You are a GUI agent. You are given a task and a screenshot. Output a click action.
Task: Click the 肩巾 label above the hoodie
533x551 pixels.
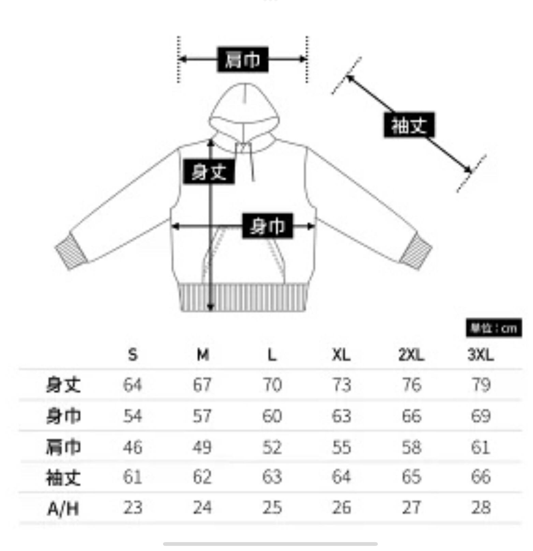(x=242, y=60)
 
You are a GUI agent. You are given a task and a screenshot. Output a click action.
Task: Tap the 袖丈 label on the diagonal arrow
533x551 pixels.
(x=409, y=125)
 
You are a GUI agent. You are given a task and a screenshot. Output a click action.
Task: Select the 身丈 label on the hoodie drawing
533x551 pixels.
(x=208, y=172)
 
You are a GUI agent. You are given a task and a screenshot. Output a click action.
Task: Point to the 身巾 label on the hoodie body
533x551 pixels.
(x=267, y=226)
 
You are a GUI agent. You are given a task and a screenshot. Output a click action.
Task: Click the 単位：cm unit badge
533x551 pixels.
(x=493, y=328)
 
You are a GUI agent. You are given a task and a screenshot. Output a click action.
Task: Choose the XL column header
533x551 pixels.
(x=341, y=355)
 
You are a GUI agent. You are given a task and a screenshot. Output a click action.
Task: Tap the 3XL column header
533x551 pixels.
(x=480, y=355)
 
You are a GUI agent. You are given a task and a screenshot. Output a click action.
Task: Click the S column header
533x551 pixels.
(x=133, y=355)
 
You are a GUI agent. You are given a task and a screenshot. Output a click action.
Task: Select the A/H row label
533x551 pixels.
(x=63, y=509)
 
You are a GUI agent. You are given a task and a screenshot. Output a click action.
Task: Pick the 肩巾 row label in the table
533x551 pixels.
(x=63, y=447)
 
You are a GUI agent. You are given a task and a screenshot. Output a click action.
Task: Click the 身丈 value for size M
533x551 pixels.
(x=202, y=385)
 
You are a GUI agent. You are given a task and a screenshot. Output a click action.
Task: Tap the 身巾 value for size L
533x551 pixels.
(x=272, y=416)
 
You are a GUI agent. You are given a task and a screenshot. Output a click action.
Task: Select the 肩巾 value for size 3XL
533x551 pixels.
(x=480, y=447)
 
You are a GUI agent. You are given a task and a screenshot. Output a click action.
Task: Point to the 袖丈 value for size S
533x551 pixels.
(x=133, y=477)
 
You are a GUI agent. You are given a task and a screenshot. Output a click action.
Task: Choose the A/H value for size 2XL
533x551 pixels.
(x=411, y=507)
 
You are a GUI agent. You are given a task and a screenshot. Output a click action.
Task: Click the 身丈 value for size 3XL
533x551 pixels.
(x=480, y=385)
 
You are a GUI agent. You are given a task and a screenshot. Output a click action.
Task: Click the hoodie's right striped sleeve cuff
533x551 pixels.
(x=415, y=252)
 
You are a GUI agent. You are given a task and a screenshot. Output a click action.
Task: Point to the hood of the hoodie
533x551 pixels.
(x=244, y=109)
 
